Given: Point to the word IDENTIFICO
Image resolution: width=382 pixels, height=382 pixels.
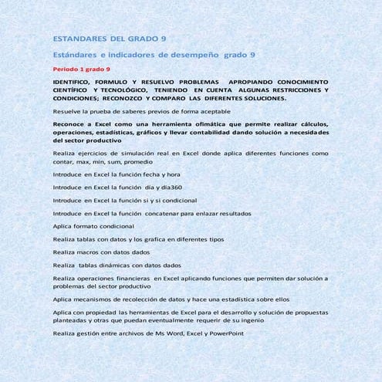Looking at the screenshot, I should (x=76, y=81).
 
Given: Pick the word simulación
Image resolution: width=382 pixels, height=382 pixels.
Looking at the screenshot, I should (x=129, y=154).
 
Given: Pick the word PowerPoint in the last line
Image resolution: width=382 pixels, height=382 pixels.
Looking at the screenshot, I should (x=224, y=333).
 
